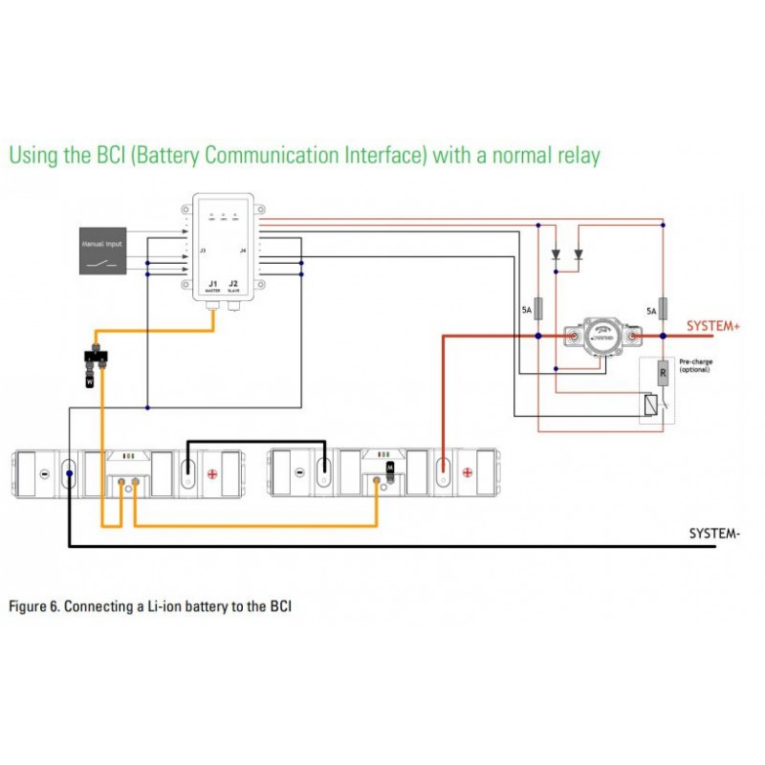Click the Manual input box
point(103,251)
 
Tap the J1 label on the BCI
point(213,284)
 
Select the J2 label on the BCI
point(233,284)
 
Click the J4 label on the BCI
point(243,250)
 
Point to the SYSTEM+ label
point(712,326)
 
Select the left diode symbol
point(556,254)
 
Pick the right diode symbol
point(578,254)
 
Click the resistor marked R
point(663,372)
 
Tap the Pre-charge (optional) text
point(696,365)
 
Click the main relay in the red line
point(602,337)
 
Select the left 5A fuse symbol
point(538,309)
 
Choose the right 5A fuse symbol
point(663,309)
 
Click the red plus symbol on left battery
point(212,474)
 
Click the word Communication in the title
point(271,155)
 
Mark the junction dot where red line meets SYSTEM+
point(663,336)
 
